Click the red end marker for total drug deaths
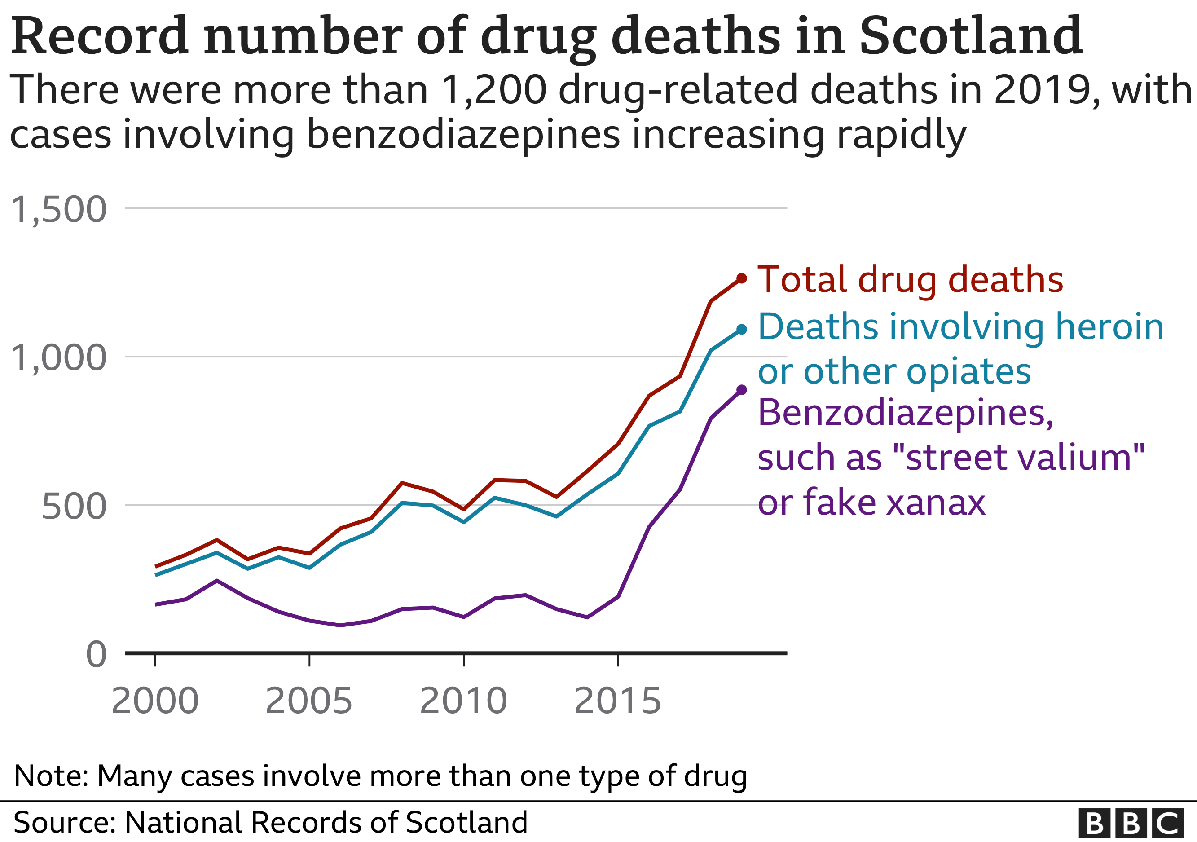[x=741, y=278]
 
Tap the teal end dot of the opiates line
[x=741, y=329]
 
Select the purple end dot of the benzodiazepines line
[x=741, y=389]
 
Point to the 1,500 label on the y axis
[x=58, y=210]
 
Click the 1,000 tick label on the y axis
[x=58, y=358]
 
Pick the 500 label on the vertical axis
[x=74, y=506]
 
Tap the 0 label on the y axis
[x=96, y=654]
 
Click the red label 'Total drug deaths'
[x=910, y=280]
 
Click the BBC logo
[x=1130, y=823]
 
